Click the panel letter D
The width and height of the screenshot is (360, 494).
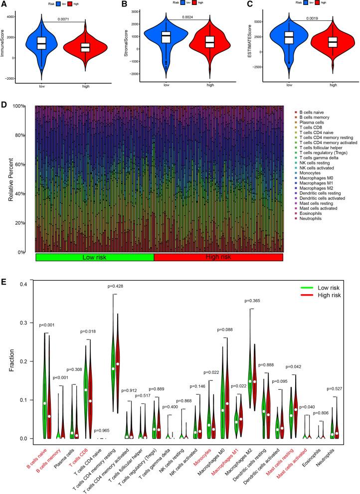pyautogui.click(x=4, y=105)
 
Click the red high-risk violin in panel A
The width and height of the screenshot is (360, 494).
pyautogui.click(x=85, y=47)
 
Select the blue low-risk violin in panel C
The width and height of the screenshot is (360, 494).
pyautogui.click(x=288, y=41)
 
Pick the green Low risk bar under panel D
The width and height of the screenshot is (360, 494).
pyautogui.click(x=95, y=257)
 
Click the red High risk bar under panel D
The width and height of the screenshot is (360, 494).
pyautogui.click(x=218, y=257)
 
